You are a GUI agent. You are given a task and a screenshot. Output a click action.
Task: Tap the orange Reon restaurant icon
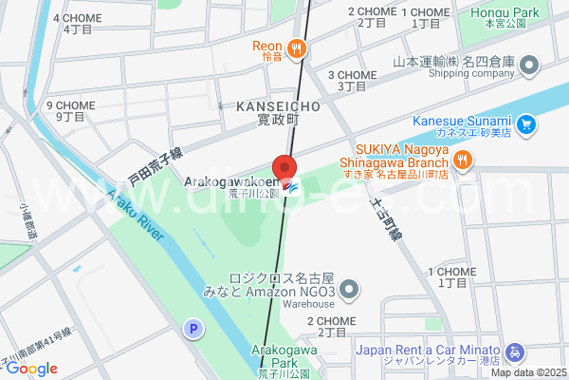click(x=297, y=47)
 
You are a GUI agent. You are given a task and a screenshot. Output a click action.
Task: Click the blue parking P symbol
click(x=193, y=329)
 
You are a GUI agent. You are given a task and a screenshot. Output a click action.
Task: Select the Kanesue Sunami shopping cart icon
click(x=527, y=123)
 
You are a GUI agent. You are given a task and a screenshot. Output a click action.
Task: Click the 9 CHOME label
click(x=71, y=110)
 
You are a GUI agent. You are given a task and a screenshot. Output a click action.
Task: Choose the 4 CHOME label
click(x=79, y=23)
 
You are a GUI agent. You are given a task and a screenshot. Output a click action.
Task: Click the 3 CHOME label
click(x=352, y=80)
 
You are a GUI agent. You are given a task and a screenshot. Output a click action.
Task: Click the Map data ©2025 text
click(x=527, y=372)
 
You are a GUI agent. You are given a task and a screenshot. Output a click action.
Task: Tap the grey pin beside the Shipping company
click(x=529, y=66)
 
